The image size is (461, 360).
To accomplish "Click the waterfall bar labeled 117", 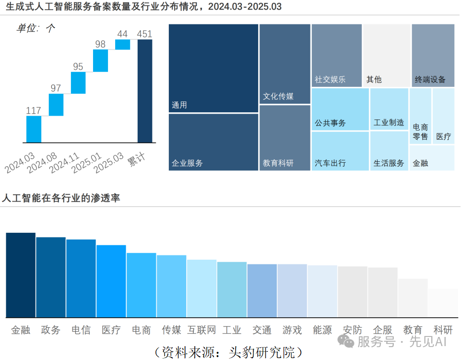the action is point(34,130).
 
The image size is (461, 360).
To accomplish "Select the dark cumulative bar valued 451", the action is point(145,91).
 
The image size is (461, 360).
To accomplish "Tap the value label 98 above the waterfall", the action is point(100,44).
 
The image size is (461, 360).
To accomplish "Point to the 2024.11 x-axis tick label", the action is point(64,163).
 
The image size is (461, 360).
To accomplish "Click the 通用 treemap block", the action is point(213,68).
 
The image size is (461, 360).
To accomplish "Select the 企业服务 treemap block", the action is point(213,142).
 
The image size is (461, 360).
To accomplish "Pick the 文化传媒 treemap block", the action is point(285,64).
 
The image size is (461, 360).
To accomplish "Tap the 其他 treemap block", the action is point(387,55).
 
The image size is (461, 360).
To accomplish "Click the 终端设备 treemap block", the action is point(433,55).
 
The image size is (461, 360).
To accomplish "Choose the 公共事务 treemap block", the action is point(340,109).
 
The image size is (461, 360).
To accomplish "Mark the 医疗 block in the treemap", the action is point(444,116).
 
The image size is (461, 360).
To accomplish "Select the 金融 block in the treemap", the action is point(432,158).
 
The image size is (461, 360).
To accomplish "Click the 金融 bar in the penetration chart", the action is point(21,275).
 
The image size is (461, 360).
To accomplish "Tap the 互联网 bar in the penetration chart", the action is point(201,288).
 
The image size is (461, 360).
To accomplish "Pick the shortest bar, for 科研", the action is point(443,303).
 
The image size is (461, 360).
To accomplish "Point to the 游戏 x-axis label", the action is point(292,330).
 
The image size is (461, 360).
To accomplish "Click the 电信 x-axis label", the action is point(81,330).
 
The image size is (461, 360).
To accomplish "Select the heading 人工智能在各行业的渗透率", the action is point(61,198).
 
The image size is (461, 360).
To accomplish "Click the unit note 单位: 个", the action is point(35,28).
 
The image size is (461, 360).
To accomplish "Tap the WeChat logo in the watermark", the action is point(346,341).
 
